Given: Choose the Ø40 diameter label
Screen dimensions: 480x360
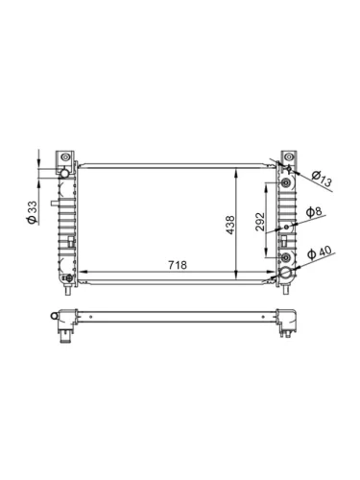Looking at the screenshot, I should [x=320, y=252].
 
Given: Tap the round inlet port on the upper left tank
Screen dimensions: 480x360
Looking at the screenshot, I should [x=65, y=172].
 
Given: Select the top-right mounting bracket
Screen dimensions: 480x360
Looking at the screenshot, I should [x=287, y=157].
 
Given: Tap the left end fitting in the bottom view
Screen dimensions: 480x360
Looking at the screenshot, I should [x=63, y=324].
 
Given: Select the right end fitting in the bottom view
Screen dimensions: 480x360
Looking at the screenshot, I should [x=286, y=321].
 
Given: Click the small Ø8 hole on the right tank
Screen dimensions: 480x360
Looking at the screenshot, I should [x=287, y=228].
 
